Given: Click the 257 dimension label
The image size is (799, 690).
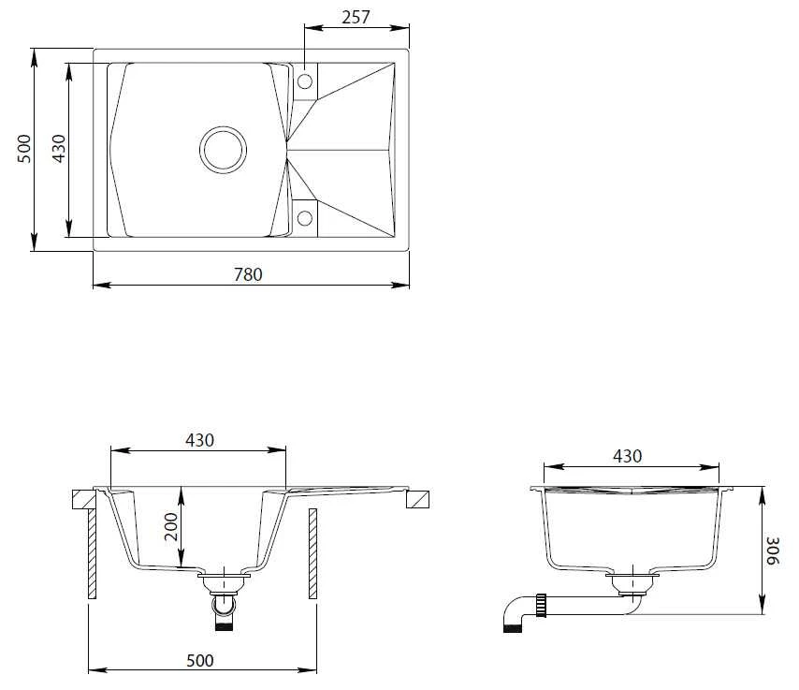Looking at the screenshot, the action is [356, 18].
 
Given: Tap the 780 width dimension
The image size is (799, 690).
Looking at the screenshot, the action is [248, 274].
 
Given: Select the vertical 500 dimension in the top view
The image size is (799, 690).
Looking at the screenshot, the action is [24, 149].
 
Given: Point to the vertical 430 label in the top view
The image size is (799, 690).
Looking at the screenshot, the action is [59, 149].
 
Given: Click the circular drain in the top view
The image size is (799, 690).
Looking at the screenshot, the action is [224, 150].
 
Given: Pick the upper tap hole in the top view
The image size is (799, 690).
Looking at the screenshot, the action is [305, 81].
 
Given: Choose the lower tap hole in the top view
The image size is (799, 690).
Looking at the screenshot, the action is [305, 218].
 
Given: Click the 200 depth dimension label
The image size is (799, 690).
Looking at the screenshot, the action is [171, 527].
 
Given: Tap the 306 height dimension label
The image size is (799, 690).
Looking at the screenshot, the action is [772, 551].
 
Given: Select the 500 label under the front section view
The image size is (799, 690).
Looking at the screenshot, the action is [200, 660].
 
